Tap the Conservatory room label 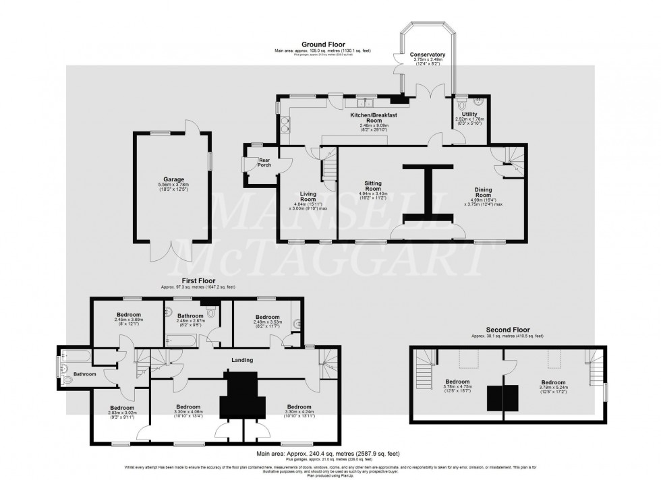(427, 55)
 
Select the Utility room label (469, 115)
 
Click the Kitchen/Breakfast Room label (370, 115)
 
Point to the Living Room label (308, 196)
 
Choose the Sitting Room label (373, 186)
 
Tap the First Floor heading (199, 280)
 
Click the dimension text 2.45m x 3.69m (129, 320)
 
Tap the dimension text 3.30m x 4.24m (299, 412)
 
